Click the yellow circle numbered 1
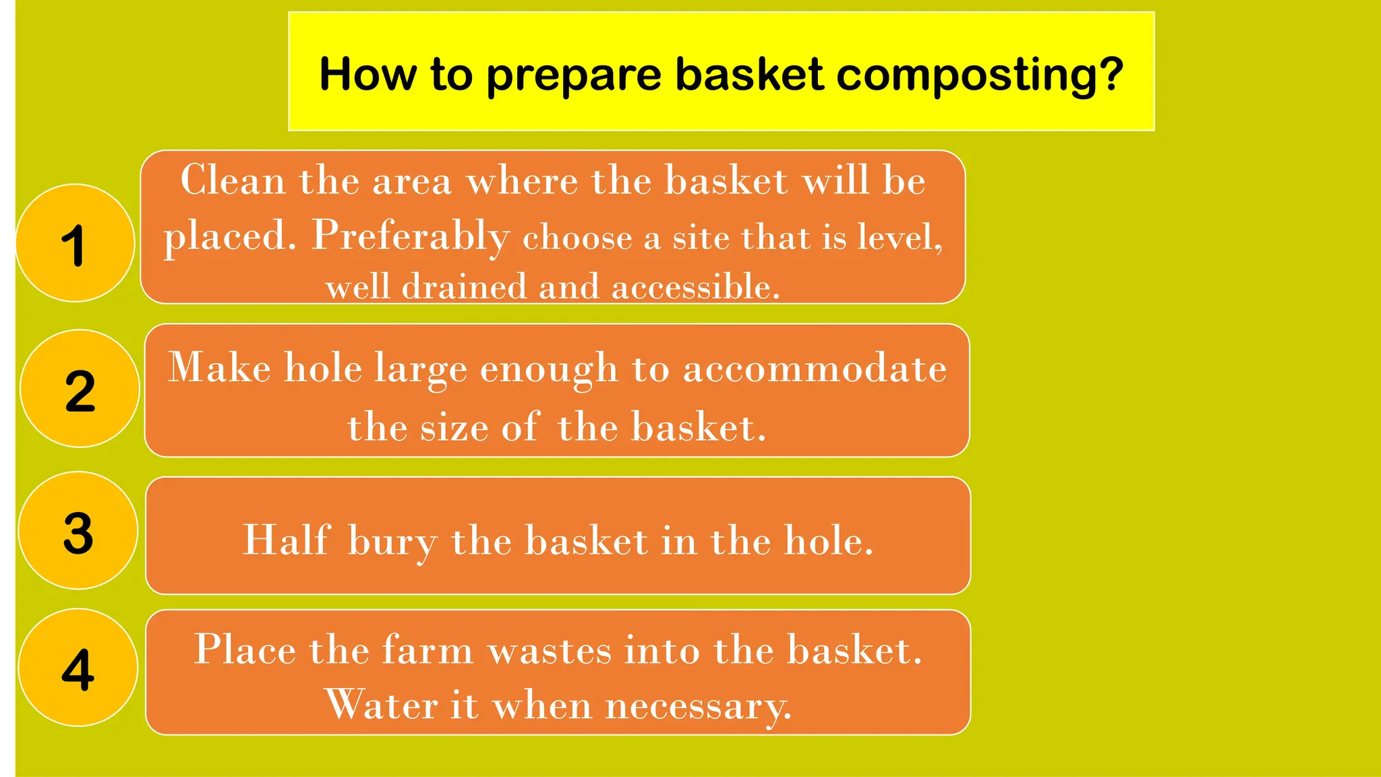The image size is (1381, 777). [x=75, y=243]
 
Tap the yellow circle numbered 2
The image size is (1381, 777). [x=80, y=388]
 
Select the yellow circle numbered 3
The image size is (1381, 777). [x=78, y=531]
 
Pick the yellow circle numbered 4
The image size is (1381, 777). [x=78, y=668]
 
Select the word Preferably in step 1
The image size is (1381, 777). [x=411, y=236]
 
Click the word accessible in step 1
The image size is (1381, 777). [x=695, y=287]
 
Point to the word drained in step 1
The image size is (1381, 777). [x=464, y=287]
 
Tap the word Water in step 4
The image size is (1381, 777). [x=382, y=706]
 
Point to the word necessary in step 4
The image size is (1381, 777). [x=698, y=707]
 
